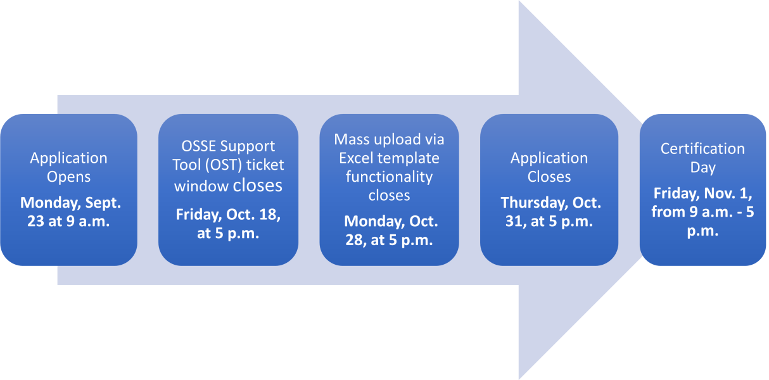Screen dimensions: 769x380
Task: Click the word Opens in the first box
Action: [68, 177]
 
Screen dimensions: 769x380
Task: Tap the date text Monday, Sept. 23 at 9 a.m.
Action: [70, 212]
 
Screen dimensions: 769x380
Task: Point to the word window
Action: [201, 186]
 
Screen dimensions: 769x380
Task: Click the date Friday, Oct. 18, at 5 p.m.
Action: [228, 224]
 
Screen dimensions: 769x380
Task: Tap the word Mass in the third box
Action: [352, 139]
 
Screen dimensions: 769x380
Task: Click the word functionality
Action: [389, 177]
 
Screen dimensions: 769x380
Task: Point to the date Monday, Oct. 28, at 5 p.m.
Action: [390, 231]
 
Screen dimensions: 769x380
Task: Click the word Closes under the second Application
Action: [549, 177]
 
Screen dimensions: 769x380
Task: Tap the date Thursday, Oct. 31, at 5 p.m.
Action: [550, 212]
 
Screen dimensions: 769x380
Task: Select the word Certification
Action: [702, 149]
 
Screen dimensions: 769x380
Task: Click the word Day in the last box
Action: [702, 168]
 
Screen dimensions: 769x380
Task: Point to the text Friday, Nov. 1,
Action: [702, 194]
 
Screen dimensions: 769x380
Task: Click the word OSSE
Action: [198, 146]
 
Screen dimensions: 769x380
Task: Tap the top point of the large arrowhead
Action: [519, 1]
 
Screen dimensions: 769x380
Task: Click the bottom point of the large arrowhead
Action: [519, 379]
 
